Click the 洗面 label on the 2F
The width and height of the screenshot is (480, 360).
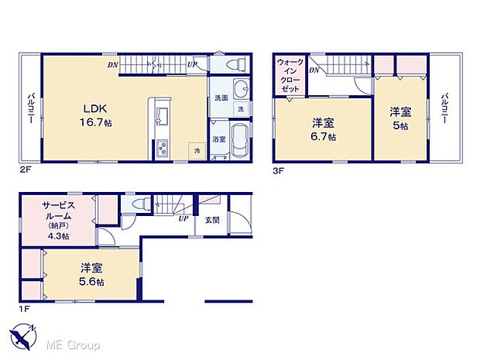click(221, 98)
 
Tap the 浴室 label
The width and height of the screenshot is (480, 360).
click(219, 139)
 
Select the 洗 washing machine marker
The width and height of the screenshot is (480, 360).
click(241, 110)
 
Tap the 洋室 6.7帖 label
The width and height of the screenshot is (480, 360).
click(323, 128)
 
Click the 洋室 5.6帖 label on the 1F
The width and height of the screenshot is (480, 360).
click(92, 274)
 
